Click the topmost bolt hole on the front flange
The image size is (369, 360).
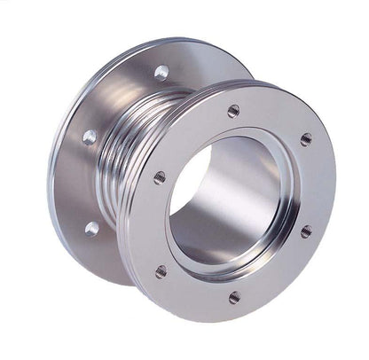233,111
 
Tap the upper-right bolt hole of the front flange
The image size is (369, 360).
306,139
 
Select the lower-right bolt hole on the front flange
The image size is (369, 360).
306,231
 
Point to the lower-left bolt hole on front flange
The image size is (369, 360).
161,271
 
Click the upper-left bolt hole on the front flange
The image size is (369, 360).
160,176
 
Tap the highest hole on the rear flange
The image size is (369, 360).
161,72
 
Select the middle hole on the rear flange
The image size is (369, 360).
90,137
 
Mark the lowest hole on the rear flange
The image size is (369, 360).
92,228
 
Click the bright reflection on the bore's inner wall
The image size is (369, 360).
257,213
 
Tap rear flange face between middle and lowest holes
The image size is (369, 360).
84,182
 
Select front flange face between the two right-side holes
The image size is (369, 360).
315,186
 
